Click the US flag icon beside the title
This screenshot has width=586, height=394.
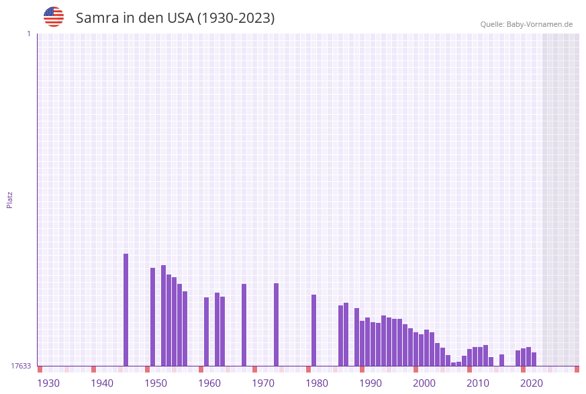click(54, 17)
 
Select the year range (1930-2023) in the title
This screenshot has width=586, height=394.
click(236, 18)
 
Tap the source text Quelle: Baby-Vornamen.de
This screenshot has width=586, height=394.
click(526, 24)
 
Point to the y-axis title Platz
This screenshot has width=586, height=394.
click(9, 200)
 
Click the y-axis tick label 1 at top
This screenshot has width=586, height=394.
click(28, 34)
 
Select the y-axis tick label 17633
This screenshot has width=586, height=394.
click(21, 366)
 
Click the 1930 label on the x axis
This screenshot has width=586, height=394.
click(48, 383)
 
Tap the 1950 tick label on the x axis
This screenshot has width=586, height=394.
click(156, 383)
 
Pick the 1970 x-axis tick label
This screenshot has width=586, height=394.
click(263, 383)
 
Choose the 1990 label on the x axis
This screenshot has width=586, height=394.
click(371, 383)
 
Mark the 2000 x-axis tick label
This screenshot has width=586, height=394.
click(424, 383)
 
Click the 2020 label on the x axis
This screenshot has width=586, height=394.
click(532, 383)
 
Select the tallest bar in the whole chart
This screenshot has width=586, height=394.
click(126, 309)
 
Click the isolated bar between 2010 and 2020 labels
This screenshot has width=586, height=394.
click(501, 360)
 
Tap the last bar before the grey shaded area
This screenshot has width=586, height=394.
click(534, 359)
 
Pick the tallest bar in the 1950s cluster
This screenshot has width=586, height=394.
click(163, 315)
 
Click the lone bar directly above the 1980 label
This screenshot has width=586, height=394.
click(313, 330)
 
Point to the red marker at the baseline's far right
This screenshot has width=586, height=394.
click(577, 369)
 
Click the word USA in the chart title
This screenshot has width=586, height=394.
click(179, 18)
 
